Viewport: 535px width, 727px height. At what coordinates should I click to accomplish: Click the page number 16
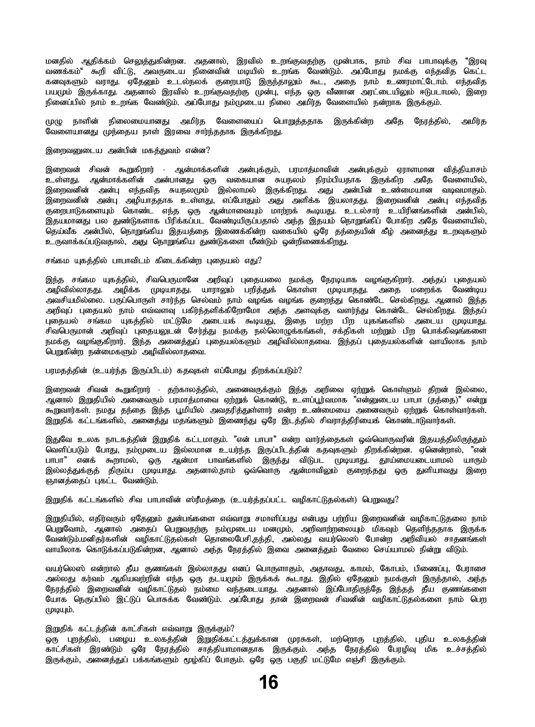268,682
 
